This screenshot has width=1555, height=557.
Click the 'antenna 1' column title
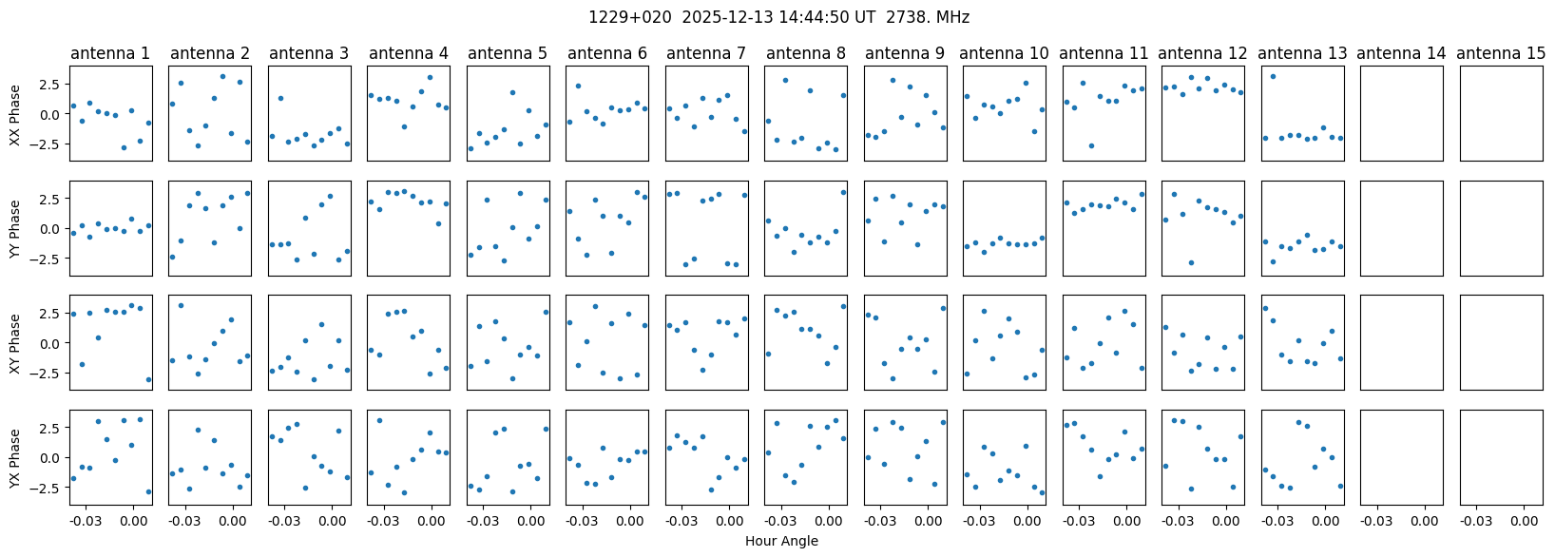point(110,53)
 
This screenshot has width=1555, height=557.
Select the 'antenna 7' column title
point(706,53)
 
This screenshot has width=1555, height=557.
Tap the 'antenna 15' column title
point(1501,53)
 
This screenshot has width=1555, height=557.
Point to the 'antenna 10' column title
point(1004,53)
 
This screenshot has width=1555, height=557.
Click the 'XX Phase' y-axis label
point(15,114)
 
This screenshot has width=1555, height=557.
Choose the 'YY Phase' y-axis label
point(15,228)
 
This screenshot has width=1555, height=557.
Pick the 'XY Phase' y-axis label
point(15,343)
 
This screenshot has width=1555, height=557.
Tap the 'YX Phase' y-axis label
point(15,458)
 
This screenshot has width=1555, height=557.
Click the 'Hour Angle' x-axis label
point(781,541)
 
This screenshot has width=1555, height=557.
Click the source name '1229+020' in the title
point(629,17)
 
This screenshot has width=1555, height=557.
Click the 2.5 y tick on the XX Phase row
point(54,84)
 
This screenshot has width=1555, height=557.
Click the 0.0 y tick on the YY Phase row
point(54,228)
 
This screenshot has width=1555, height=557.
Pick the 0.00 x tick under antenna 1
point(132,520)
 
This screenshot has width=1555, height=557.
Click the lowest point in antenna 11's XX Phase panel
point(1091,145)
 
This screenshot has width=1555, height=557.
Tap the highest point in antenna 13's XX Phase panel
point(1273,76)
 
